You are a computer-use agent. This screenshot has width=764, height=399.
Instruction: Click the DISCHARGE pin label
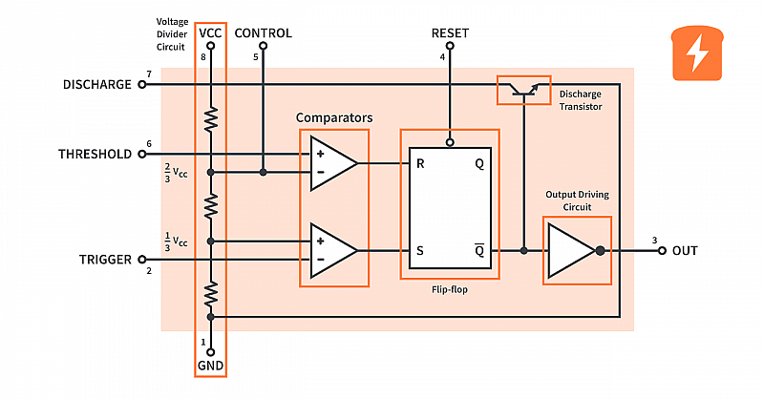pyautogui.click(x=96, y=84)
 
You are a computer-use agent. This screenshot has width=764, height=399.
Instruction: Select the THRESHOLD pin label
pyautogui.click(x=95, y=154)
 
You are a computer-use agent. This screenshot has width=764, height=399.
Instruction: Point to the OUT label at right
pyautogui.click(x=685, y=251)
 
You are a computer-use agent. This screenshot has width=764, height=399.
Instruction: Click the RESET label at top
pyautogui.click(x=450, y=33)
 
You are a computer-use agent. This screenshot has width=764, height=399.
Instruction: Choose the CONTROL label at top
pyautogui.click(x=263, y=33)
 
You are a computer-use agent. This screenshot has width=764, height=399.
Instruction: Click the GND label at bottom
pyautogui.click(x=210, y=365)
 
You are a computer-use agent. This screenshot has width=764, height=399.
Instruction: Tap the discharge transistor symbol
pyautogui.click(x=524, y=90)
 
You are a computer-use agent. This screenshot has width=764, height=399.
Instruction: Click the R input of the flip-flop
pyautogui.click(x=420, y=163)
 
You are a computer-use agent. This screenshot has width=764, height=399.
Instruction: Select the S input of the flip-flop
pyautogui.click(x=420, y=251)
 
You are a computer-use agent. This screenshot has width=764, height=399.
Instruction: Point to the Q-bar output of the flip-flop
pyautogui.click(x=478, y=251)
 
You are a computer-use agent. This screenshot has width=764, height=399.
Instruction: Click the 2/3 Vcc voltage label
pyautogui.click(x=179, y=173)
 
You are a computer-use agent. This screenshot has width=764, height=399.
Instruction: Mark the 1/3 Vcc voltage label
pyautogui.click(x=179, y=241)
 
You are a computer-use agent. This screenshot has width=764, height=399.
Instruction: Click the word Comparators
pyautogui.click(x=334, y=117)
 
